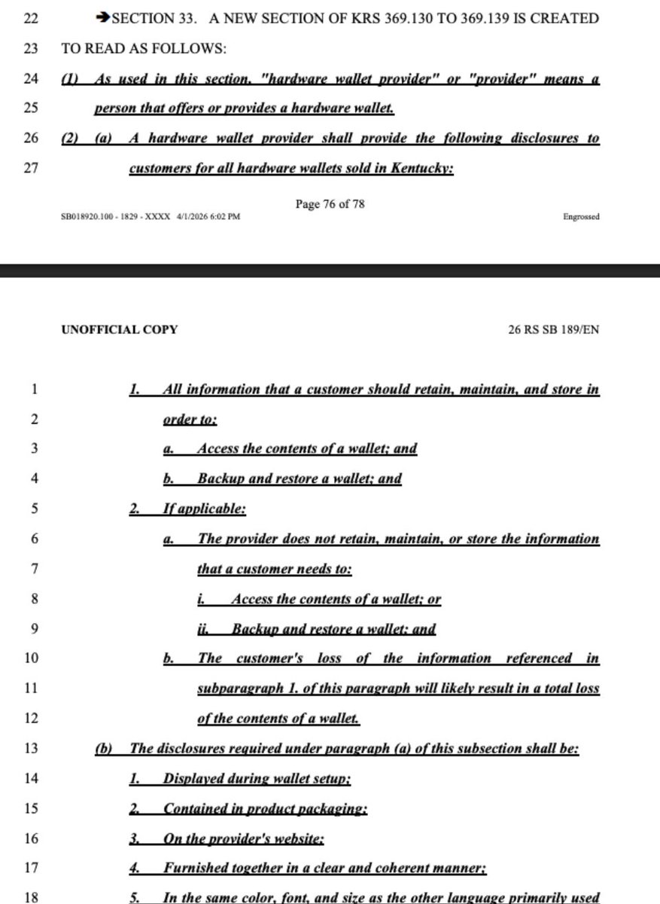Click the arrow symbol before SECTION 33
(x=103, y=19)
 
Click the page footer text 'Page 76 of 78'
(x=330, y=203)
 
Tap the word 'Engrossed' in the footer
(x=581, y=217)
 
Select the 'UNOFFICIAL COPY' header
(x=120, y=329)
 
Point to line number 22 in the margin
(x=31, y=19)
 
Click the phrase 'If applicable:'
(x=204, y=508)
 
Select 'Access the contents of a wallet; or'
(x=336, y=599)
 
